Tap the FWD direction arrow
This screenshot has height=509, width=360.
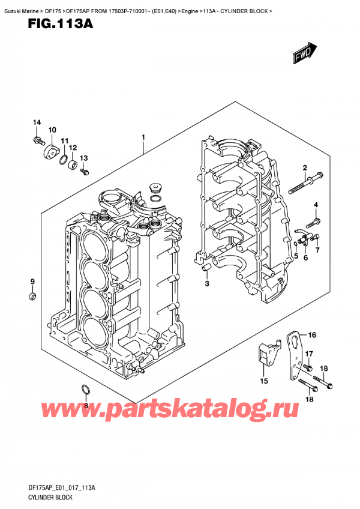(305, 52)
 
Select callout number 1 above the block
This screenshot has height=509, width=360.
(143, 138)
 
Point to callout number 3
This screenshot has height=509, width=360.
(206, 283)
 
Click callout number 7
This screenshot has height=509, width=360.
(318, 249)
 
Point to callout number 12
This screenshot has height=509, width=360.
(73, 148)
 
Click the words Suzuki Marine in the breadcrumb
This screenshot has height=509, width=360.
(20, 5)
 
